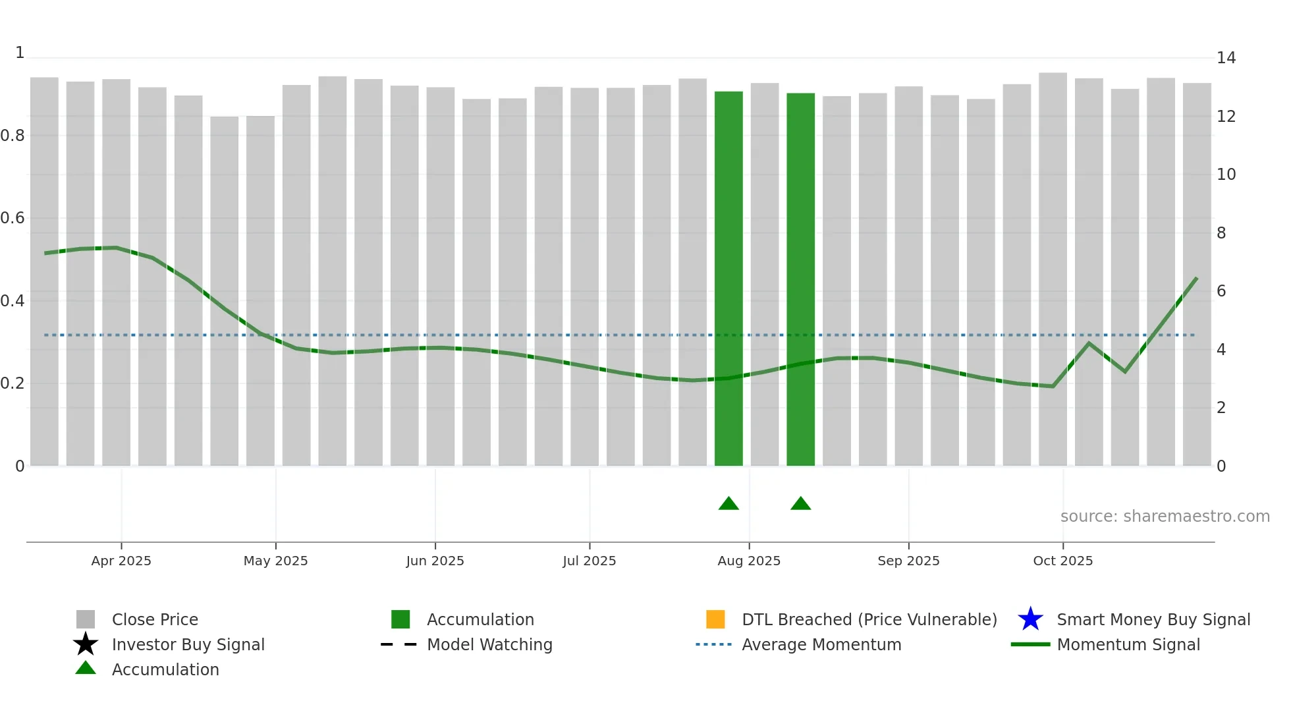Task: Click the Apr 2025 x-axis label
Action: (x=121, y=561)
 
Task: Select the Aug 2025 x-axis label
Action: (x=749, y=561)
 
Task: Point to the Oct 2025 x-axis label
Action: (x=1062, y=561)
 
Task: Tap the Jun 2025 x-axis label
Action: (x=435, y=561)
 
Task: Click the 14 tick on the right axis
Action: (x=1226, y=58)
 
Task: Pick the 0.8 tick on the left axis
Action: (x=13, y=136)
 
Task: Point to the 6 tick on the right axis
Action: (x=1221, y=291)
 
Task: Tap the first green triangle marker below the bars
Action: (x=728, y=504)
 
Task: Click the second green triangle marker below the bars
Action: (x=800, y=504)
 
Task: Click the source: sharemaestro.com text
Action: (x=1165, y=517)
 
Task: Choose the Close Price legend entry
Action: (x=155, y=619)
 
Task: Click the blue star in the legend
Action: (x=1030, y=619)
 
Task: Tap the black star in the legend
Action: (x=86, y=644)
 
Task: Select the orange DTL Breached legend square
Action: (x=715, y=619)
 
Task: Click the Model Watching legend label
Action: (x=489, y=644)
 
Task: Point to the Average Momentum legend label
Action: (x=821, y=644)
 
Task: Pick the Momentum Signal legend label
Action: (x=1128, y=644)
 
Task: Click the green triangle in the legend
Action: (x=86, y=669)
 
